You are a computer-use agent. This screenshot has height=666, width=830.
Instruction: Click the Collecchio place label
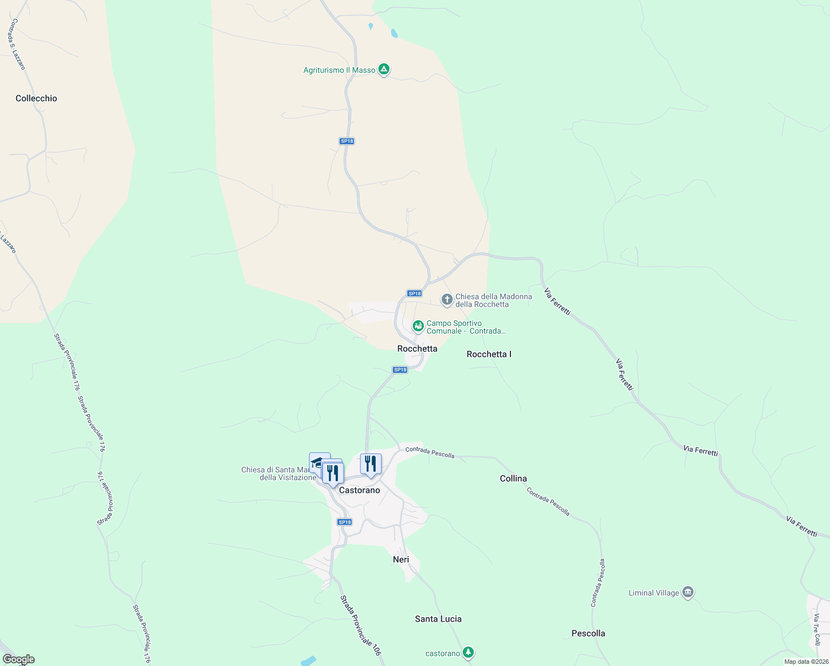(36, 98)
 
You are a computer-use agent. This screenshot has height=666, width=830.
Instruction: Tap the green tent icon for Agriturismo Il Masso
(383, 69)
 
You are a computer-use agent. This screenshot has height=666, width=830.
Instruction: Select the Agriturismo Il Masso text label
(339, 70)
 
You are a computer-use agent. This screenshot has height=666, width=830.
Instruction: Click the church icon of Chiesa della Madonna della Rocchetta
(447, 300)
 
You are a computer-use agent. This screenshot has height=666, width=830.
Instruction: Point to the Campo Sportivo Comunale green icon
(418, 326)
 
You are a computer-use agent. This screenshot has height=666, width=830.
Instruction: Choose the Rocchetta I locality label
(489, 354)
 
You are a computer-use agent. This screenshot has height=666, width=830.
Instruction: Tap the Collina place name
(513, 478)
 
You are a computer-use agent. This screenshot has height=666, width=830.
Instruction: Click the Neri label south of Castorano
(401, 559)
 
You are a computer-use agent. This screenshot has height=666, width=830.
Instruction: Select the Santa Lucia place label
(438, 619)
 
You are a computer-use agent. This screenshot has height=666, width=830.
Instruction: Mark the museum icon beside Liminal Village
(688, 592)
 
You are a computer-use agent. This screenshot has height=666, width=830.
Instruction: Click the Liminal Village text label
(654, 593)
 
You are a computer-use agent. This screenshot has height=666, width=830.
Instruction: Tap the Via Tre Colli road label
(816, 630)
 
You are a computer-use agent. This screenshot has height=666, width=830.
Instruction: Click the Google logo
(19, 659)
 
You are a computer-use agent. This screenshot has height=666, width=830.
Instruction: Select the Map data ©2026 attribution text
(806, 662)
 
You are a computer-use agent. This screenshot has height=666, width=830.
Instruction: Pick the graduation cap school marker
(317, 461)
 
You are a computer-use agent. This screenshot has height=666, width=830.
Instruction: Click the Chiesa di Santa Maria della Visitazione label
(279, 473)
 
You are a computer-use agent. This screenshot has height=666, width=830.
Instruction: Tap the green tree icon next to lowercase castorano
(468, 652)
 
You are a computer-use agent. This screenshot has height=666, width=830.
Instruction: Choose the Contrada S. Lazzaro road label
(18, 44)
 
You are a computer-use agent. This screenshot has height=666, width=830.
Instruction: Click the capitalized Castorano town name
(360, 490)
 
